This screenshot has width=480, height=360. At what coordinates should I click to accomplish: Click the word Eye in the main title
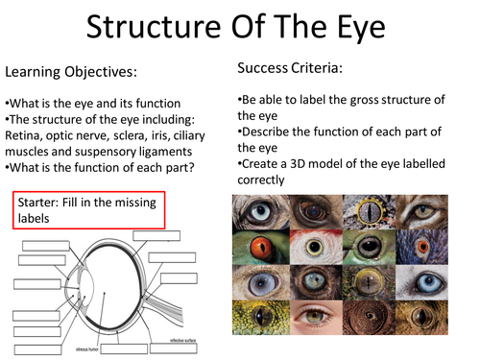354,29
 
